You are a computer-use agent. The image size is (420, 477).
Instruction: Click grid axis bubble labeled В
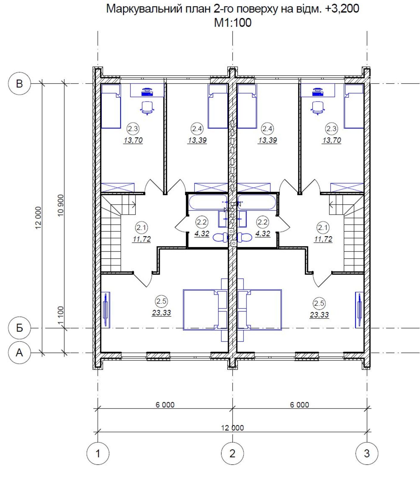[19, 83]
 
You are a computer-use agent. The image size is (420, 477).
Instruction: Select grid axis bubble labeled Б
[19, 328]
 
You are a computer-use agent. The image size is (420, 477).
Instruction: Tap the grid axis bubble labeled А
[19, 353]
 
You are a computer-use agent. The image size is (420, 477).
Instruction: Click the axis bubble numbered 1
[98, 453]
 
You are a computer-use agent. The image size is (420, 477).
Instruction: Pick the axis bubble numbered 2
[233, 453]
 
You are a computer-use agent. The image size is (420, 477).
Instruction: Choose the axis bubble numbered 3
[367, 453]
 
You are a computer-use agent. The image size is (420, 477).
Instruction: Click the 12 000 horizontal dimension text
[233, 428]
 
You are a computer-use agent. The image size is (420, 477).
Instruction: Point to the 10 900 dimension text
[61, 205]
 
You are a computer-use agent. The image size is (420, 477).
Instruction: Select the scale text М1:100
[233, 23]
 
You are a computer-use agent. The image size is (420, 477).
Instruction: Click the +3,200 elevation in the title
[342, 9]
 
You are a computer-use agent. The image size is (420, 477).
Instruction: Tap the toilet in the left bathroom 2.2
[221, 237]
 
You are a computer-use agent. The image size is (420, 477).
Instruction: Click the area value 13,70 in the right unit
[331, 140]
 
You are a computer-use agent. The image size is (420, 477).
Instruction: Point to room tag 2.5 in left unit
[161, 301]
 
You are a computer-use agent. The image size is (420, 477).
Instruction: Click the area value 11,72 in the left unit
[142, 239]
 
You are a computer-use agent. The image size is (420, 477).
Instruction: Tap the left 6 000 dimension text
[165, 405]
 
